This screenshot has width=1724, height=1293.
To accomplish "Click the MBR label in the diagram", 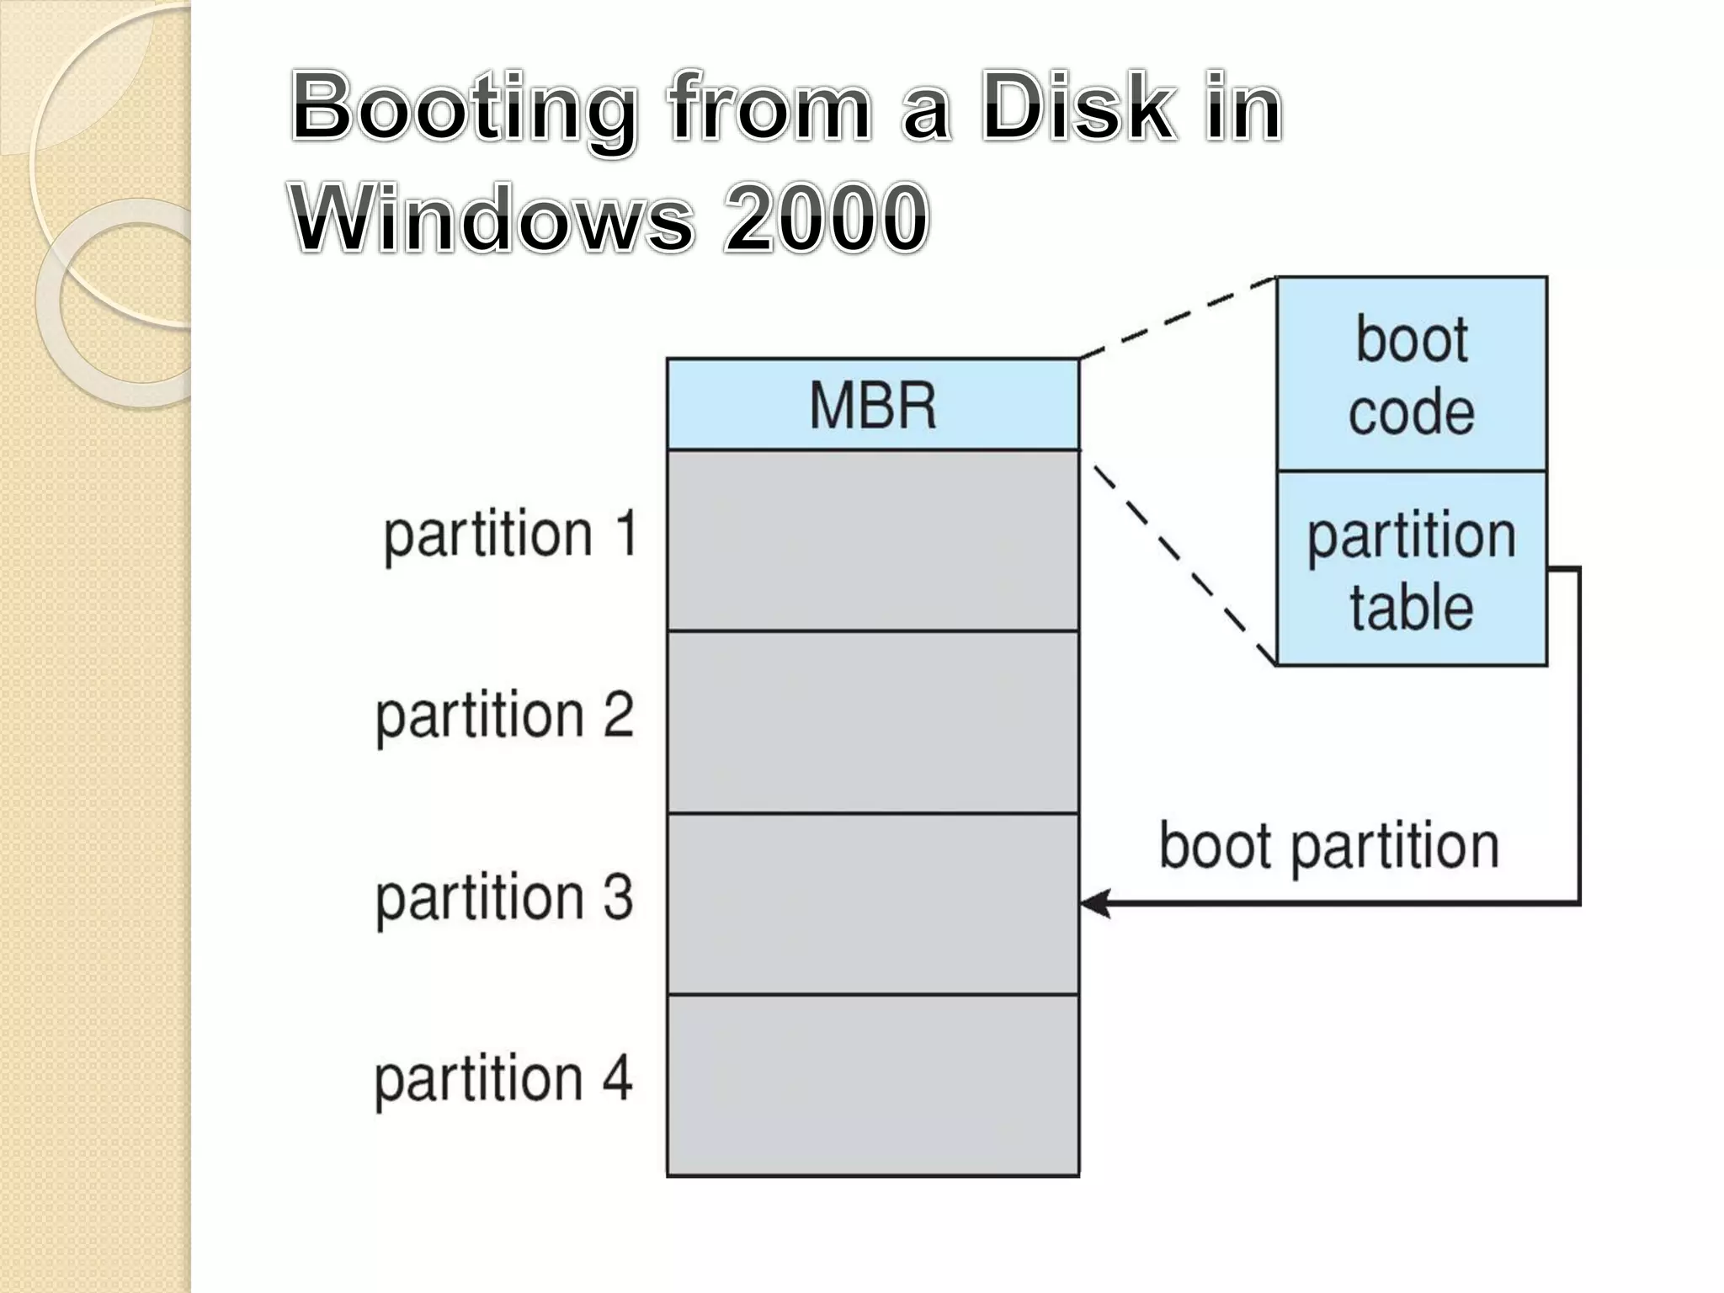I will pyautogui.click(x=872, y=406).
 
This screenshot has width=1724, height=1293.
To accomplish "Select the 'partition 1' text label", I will pyautogui.click(x=510, y=535).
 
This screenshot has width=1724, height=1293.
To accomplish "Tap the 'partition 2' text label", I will pyautogui.click(x=504, y=716).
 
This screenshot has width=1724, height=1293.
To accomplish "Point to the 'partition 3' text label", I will pyautogui.click(x=504, y=898).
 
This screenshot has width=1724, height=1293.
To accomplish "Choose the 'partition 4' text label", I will pyautogui.click(x=503, y=1079).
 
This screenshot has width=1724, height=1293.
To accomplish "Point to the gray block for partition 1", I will pyautogui.click(x=872, y=540).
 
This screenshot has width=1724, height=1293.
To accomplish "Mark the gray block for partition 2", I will pyautogui.click(x=872, y=722).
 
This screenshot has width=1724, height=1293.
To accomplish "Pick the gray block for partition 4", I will pyautogui.click(x=872, y=1086).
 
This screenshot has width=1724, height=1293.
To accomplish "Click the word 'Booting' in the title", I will pyautogui.click(x=463, y=109).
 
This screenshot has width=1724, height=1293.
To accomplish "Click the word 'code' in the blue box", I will pyautogui.click(x=1412, y=412).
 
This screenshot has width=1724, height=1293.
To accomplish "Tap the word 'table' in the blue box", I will pyautogui.click(x=1412, y=608).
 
